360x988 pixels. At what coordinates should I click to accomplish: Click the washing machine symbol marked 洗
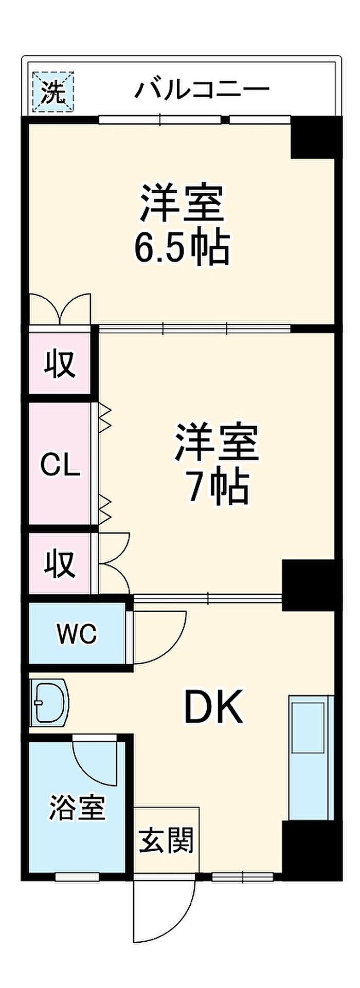pyautogui.click(x=53, y=92)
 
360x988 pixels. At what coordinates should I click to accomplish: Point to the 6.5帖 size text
pyautogui.click(x=182, y=248)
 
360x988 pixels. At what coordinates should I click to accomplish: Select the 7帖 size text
pyautogui.click(x=218, y=486)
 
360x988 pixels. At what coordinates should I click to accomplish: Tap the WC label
pyautogui.click(x=77, y=633)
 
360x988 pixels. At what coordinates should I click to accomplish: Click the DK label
pyautogui.click(x=213, y=707)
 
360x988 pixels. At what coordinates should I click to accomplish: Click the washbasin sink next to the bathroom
pyautogui.click(x=49, y=704)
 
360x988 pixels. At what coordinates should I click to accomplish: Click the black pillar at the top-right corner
pyautogui.click(x=316, y=138)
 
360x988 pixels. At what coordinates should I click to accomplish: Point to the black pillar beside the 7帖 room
pyautogui.click(x=308, y=586)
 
